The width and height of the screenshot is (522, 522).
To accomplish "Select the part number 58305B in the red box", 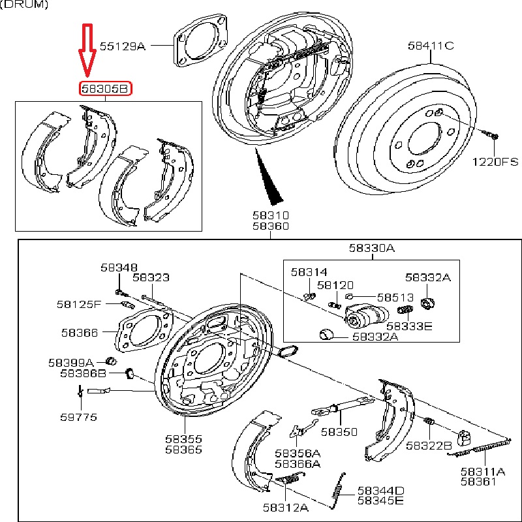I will [x=105, y=88].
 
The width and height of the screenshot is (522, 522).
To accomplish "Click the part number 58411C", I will [x=431, y=46].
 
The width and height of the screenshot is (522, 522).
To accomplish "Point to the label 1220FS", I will [x=496, y=161].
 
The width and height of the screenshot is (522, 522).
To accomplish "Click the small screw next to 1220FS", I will [x=491, y=135].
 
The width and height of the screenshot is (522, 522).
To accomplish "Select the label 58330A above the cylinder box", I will [x=371, y=248].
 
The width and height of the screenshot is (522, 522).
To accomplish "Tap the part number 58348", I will [x=119, y=267].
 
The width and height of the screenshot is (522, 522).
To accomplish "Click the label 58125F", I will [x=79, y=304].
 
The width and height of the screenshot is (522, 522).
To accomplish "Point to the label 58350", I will [x=339, y=432].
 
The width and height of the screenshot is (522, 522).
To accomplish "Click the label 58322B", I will [x=429, y=446].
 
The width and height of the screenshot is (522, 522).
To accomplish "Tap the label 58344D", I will [x=380, y=491].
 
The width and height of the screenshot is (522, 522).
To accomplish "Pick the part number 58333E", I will [x=409, y=326].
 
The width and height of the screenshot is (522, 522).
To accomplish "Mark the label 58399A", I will [x=71, y=362].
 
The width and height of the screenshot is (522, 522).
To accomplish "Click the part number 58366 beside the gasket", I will [x=80, y=333].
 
